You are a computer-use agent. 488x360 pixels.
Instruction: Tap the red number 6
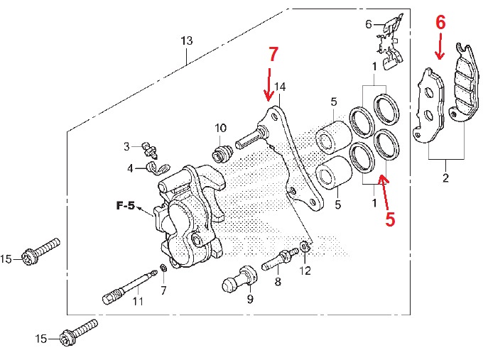[440, 23]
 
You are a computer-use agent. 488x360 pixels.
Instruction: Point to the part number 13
[186, 42]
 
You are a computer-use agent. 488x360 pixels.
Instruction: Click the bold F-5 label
[126, 207]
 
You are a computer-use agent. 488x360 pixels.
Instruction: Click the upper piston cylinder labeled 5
[331, 137]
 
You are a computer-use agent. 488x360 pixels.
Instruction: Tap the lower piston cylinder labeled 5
[331, 175]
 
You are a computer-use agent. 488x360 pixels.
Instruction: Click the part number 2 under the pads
[445, 178]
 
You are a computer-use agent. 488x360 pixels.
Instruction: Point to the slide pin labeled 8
[280, 259]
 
